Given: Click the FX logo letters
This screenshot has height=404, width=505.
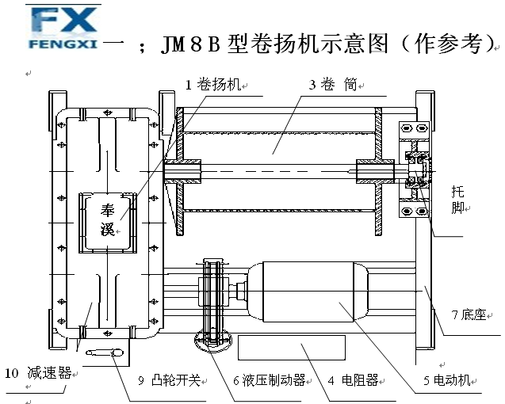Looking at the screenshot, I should (65, 20).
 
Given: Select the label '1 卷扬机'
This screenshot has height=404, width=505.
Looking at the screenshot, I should (212, 85).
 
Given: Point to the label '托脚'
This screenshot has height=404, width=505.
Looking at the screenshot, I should (458, 200).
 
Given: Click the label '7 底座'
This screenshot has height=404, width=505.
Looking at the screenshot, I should (469, 314).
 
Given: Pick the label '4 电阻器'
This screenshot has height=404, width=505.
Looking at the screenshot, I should (354, 381).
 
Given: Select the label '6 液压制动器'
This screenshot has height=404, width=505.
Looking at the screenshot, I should (269, 381).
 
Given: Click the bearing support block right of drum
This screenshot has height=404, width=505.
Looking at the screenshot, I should (415, 171).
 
